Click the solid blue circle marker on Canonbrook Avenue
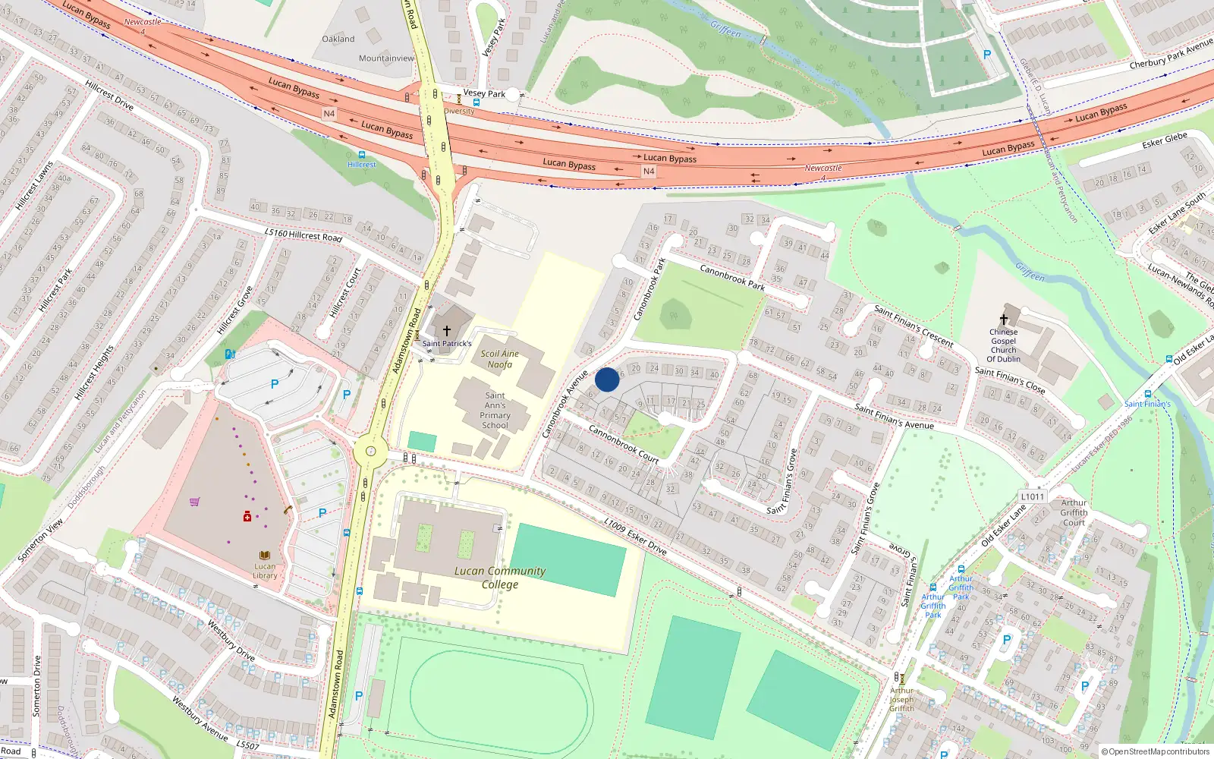607,379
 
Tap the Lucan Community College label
499,578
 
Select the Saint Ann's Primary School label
495,411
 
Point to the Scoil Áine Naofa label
499,359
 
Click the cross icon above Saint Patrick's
447,331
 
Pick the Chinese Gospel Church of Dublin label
1003,345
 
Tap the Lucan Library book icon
265,556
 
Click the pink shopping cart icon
195,502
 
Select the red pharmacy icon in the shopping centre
247,517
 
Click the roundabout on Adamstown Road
370,452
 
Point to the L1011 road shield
1033,496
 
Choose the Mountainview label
387,58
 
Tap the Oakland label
338,39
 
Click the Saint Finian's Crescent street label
914,326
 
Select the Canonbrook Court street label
624,444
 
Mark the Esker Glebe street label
1165,140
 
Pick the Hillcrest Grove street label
234,310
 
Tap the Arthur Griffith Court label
1074,512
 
